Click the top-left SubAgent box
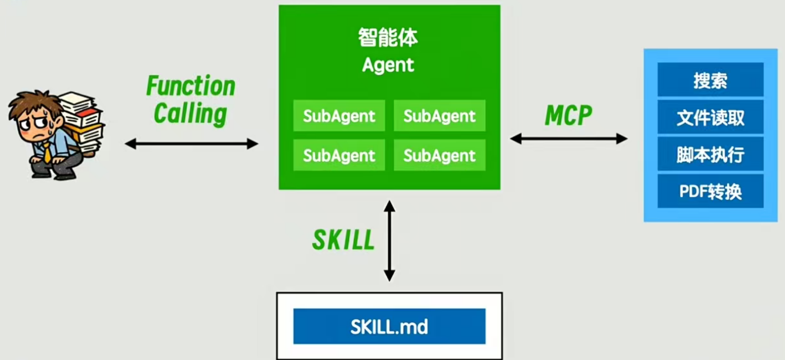pyautogui.click(x=339, y=116)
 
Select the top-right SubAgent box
pyautogui.click(x=439, y=116)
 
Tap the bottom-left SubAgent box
pyautogui.click(x=339, y=155)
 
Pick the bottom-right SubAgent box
pyautogui.click(x=439, y=155)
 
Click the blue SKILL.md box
pyautogui.click(x=389, y=326)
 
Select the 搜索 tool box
pyautogui.click(x=710, y=80)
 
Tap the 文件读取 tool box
pyautogui.click(x=710, y=117)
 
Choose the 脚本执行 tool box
pyautogui.click(x=710, y=154)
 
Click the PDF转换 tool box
pyautogui.click(x=710, y=191)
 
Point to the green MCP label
pyautogui.click(x=568, y=116)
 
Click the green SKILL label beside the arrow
pyautogui.click(x=343, y=240)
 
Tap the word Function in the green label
pyautogui.click(x=191, y=86)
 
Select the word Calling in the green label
pyautogui.click(x=191, y=113)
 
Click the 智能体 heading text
pyautogui.click(x=388, y=38)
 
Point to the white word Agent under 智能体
pyautogui.click(x=388, y=65)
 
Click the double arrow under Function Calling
pyautogui.click(x=192, y=144)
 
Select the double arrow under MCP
pyautogui.click(x=569, y=139)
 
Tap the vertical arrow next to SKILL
pyautogui.click(x=389, y=241)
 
